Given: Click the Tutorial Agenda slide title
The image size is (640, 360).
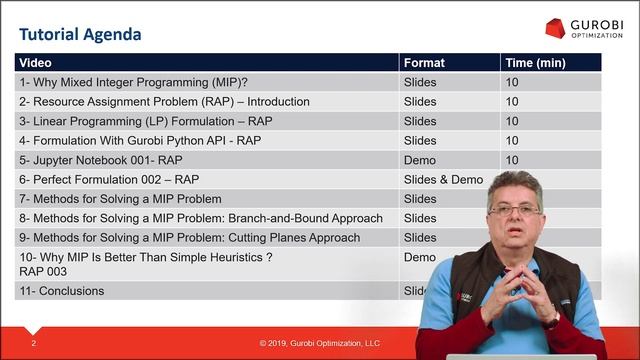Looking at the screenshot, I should (x=81, y=35).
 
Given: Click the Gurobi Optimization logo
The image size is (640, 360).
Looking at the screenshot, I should (x=583, y=28).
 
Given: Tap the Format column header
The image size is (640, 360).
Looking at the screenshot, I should (x=424, y=63).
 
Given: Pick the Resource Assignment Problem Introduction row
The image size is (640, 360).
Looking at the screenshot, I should (x=164, y=102).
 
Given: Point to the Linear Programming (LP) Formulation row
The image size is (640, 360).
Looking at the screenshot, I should (x=145, y=121).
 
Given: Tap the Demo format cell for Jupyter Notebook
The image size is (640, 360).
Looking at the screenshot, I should (x=420, y=160).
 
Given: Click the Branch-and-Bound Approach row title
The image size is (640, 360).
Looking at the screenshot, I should (x=200, y=218).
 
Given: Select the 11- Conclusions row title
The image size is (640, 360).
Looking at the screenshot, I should (x=61, y=291).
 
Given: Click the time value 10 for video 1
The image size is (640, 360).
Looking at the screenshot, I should (x=512, y=82).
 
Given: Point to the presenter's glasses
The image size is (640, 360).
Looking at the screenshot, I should (x=513, y=209).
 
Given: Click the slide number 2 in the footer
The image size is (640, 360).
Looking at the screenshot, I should (x=34, y=343).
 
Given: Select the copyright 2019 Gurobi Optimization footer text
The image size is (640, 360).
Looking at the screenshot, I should (x=320, y=343).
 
